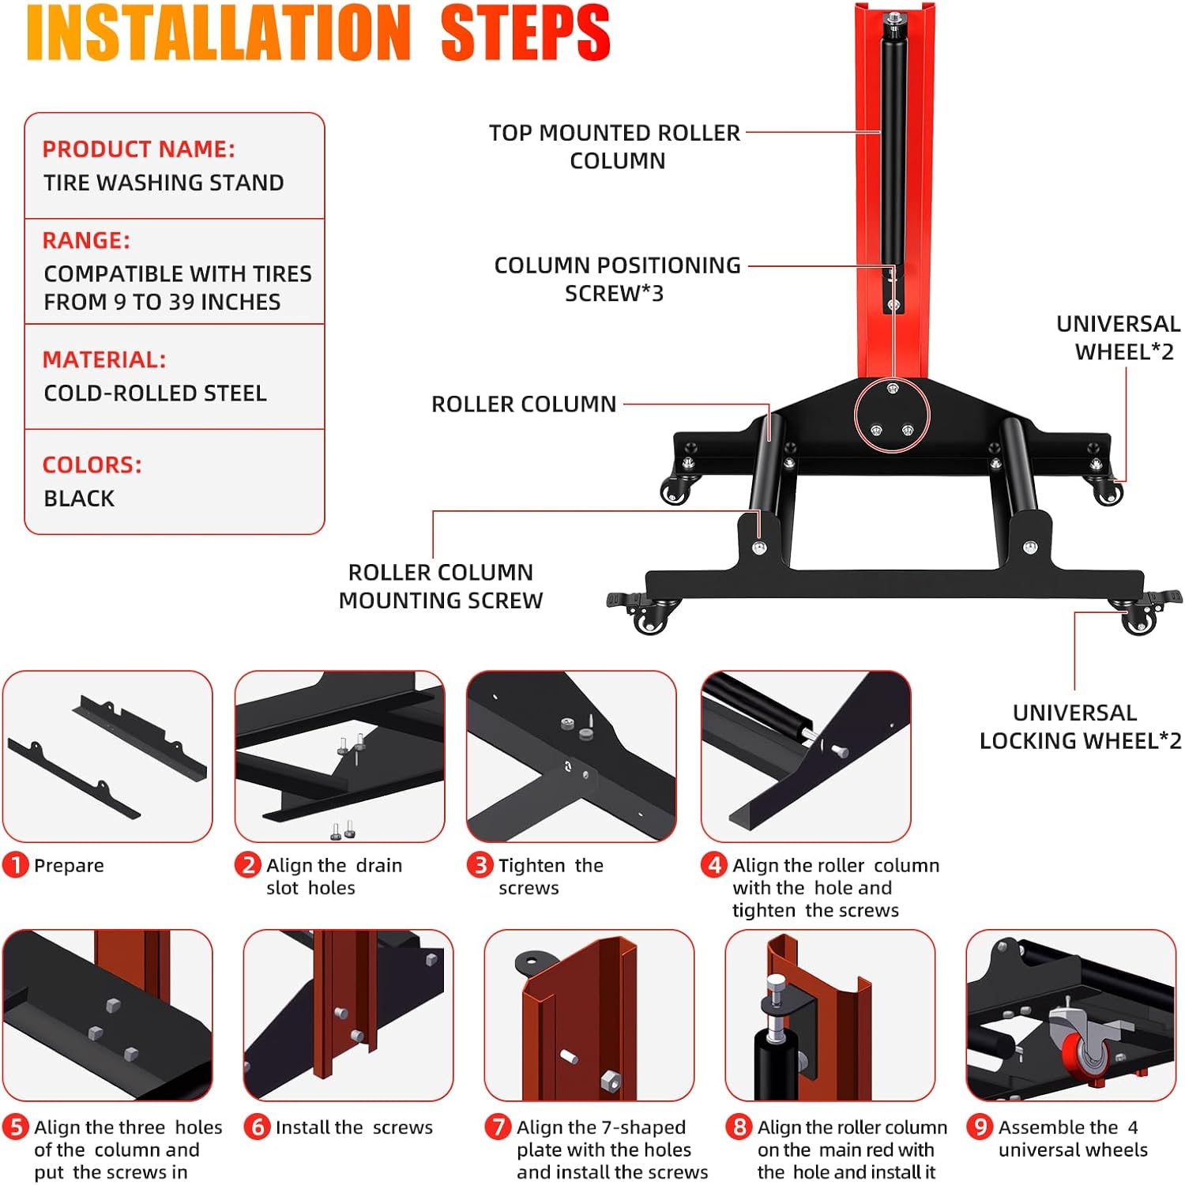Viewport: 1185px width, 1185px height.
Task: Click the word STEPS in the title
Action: tap(525, 33)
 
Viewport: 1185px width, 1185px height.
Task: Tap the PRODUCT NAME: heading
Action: tap(138, 149)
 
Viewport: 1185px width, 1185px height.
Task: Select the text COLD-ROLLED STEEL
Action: tap(155, 393)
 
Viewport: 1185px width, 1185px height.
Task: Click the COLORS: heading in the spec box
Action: tap(92, 465)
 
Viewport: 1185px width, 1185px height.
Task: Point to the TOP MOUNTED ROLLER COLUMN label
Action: tap(615, 146)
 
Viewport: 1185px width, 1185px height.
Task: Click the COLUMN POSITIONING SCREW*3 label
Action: tap(617, 279)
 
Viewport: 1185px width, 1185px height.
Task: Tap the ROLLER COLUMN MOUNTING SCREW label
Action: tap(441, 586)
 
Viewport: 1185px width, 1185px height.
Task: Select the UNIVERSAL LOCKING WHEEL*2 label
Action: tap(1079, 727)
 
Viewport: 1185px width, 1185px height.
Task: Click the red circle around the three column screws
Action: tap(892, 415)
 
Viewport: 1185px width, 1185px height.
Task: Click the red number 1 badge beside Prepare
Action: tap(16, 865)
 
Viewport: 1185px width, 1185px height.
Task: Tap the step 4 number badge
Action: tap(714, 865)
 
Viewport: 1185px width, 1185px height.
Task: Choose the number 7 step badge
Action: tap(498, 1127)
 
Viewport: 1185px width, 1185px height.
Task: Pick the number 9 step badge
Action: tap(980, 1127)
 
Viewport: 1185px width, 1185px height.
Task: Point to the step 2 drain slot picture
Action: tap(340, 756)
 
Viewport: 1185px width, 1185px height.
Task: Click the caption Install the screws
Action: tap(354, 1127)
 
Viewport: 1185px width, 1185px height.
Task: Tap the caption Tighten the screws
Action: tap(551, 876)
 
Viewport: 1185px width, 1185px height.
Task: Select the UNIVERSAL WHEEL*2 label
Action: tap(1118, 337)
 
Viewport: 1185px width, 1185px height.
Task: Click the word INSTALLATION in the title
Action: tap(219, 33)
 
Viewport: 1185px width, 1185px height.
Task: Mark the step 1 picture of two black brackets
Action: tap(107, 756)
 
